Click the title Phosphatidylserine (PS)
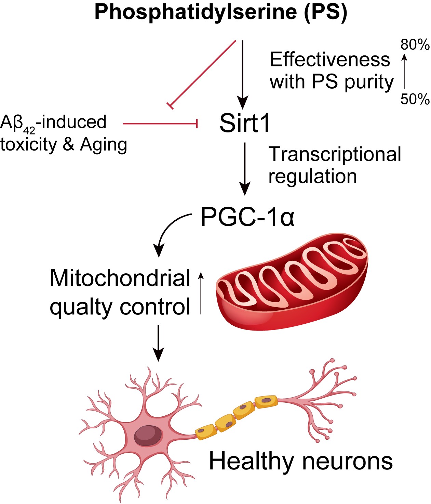220,12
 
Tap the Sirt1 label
245,123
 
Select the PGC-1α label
247,217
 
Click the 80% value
415,44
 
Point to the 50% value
415,99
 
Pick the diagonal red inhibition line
203,74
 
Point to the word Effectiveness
330,60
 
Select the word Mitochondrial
120,278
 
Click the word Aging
103,144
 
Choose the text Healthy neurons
301,461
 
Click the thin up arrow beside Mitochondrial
201,293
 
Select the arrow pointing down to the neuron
158,342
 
